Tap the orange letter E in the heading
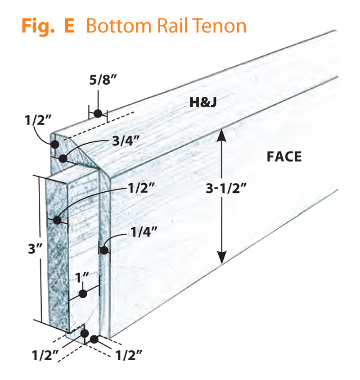point(69,26)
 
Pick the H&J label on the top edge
point(203,103)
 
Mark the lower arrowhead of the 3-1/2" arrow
point(221,258)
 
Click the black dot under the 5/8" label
point(98,113)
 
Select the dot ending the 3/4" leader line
point(63,158)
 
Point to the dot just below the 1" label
point(83,294)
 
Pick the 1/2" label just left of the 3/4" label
point(38,120)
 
